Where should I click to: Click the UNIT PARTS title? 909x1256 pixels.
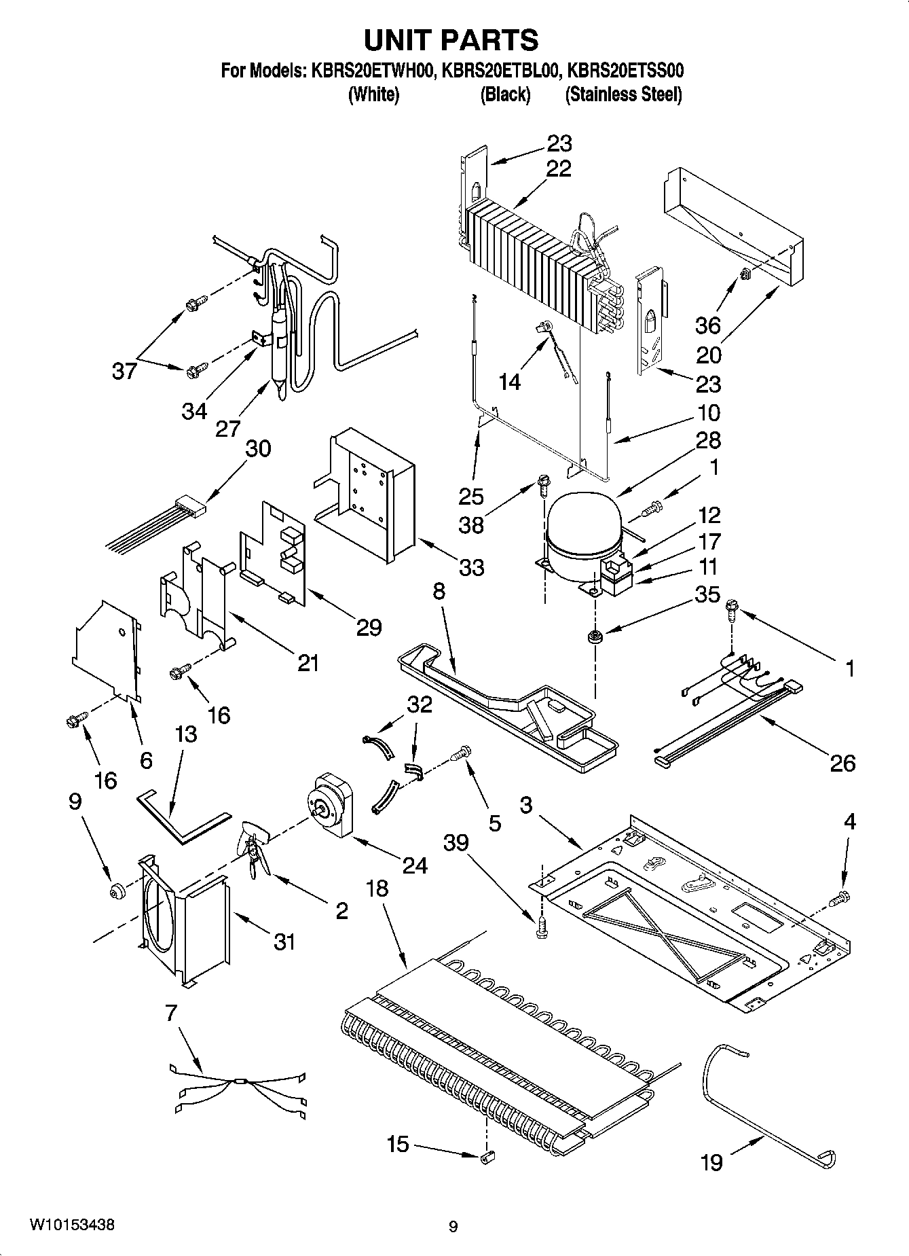451,41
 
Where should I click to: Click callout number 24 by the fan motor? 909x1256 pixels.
415,865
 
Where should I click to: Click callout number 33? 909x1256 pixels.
471,567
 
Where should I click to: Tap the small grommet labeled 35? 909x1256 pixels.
595,637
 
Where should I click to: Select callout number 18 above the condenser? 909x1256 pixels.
377,888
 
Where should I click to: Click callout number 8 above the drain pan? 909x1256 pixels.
439,591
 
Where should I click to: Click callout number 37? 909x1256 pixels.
124,371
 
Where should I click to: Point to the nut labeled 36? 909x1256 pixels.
745,274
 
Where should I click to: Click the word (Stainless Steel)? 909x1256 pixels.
623,95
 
